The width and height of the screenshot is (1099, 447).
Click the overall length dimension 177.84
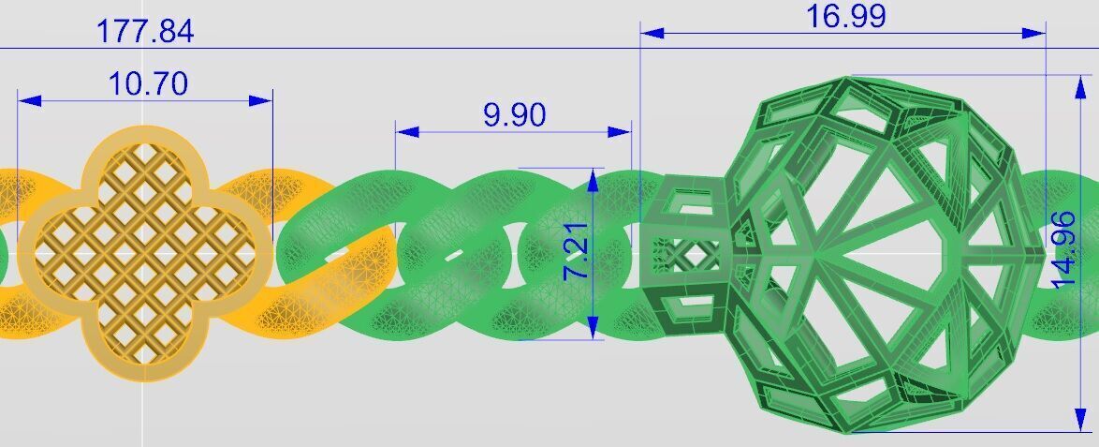[x=145, y=31]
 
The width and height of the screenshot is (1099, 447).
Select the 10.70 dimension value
[x=148, y=83]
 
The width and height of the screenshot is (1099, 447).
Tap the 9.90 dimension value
[x=514, y=115]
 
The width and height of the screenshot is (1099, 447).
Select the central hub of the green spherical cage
[x=817, y=252]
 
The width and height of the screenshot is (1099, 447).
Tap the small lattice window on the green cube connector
[x=689, y=254]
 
